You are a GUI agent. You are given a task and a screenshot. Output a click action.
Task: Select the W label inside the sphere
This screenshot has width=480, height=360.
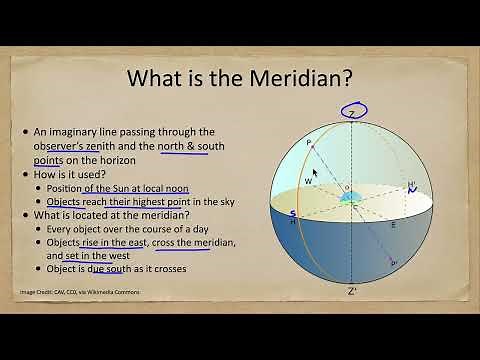click(x=309, y=181)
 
